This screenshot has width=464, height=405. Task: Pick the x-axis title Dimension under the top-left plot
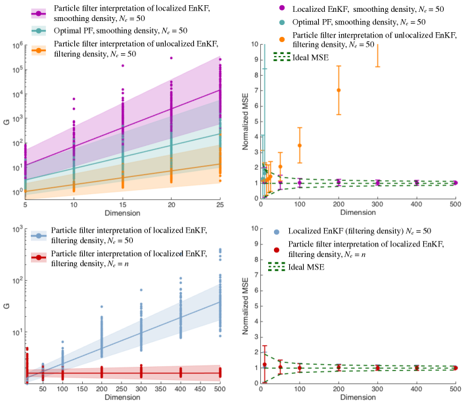(122, 214)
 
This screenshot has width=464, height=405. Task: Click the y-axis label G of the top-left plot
(7, 122)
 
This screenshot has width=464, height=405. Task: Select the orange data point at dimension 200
(339, 90)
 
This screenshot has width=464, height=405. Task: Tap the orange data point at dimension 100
(300, 145)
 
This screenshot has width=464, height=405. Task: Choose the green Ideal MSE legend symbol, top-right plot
(281, 57)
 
